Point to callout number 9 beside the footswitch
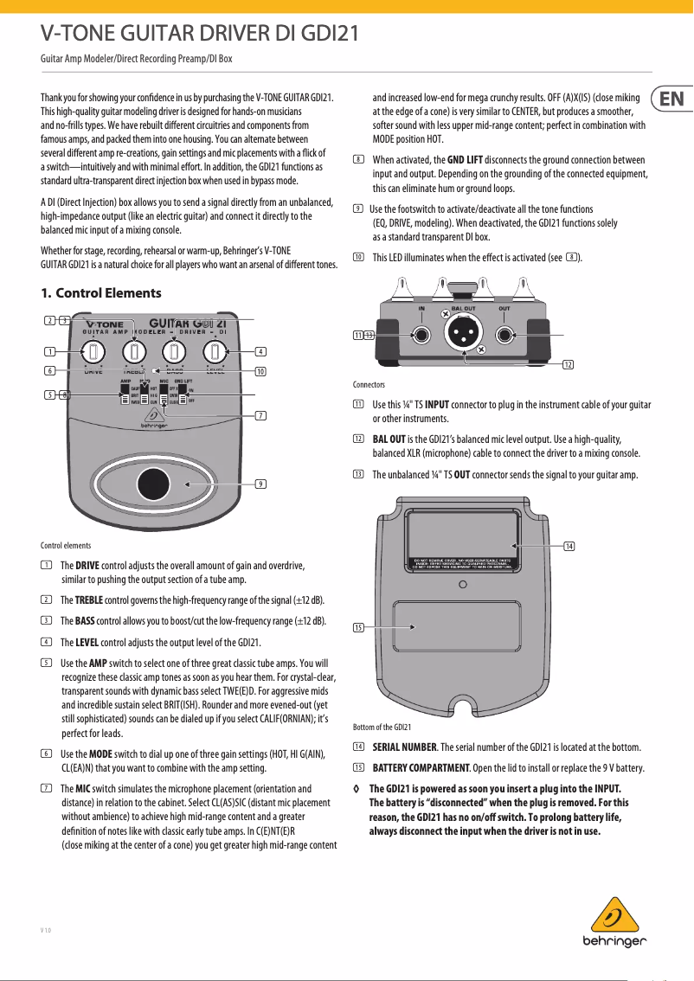[260, 483]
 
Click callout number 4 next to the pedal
[260, 351]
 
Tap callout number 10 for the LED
[260, 371]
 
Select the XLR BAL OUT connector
[463, 332]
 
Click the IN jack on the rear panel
[421, 335]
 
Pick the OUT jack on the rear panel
[504, 335]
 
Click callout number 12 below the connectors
[568, 364]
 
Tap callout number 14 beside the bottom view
[569, 546]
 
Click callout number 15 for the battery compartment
[357, 626]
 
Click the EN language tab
[671, 99]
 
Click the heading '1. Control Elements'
[101, 293]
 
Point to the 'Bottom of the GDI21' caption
[382, 727]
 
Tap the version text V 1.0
[46, 931]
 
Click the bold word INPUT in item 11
[436, 405]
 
